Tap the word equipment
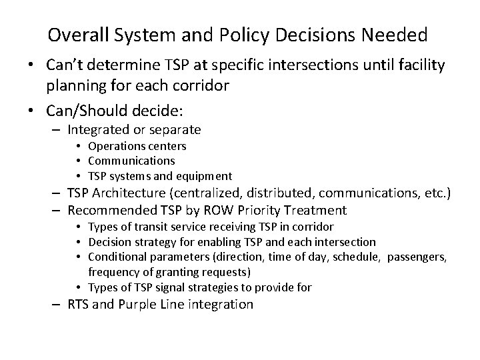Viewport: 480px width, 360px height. click(x=204, y=175)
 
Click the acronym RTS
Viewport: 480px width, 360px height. click(x=79, y=304)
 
